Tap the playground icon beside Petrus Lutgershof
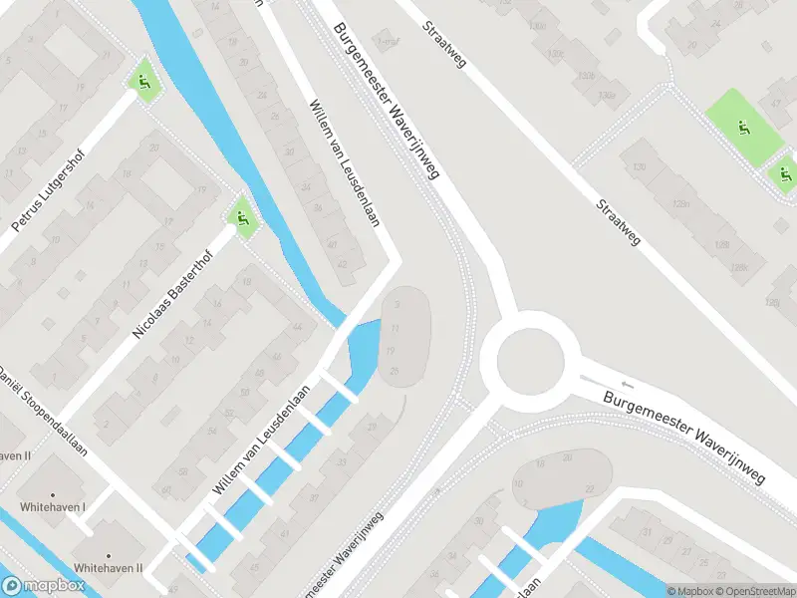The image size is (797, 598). tap(144, 84)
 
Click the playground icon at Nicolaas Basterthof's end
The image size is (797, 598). tap(240, 214)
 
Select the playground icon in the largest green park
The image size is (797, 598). tap(742, 127)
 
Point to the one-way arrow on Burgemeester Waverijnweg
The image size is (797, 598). tap(626, 384)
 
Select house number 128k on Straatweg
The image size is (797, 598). tap(738, 267)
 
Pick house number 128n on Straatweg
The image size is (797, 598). tap(682, 203)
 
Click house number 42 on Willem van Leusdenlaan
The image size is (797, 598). tap(343, 263)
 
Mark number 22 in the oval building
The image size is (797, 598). tap(590, 487)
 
